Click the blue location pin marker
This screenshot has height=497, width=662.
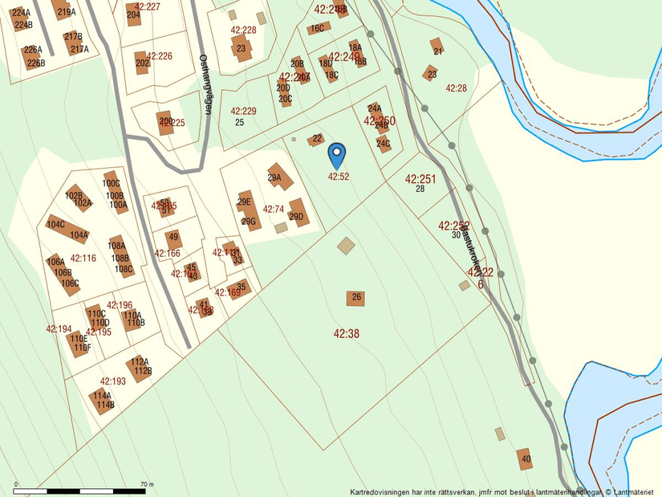[338, 153]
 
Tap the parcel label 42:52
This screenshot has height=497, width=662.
[338, 176]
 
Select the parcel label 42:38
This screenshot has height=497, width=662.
[346, 332]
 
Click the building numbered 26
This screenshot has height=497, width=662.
[356, 298]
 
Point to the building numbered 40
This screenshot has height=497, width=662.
[525, 458]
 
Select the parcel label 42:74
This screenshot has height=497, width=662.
[274, 210]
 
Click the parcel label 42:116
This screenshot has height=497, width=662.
[83, 259]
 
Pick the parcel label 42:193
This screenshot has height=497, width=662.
[113, 381]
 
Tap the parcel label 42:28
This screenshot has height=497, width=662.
[456, 88]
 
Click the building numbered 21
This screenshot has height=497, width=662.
[437, 47]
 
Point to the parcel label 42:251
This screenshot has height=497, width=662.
[420, 179]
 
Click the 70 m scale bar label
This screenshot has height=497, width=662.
[146, 484]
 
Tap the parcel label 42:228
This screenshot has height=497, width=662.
[242, 31]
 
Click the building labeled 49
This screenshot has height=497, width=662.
[173, 238]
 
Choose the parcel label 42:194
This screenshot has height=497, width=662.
[59, 329]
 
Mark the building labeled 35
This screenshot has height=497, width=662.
[241, 287]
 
